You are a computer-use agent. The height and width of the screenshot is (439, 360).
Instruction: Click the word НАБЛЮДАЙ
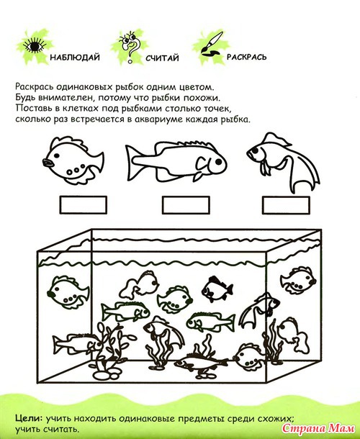(x=75, y=58)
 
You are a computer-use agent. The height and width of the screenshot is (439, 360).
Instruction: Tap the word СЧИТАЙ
(x=162, y=58)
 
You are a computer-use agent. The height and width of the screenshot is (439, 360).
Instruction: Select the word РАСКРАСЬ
(x=246, y=57)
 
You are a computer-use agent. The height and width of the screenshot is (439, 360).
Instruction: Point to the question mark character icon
(x=129, y=46)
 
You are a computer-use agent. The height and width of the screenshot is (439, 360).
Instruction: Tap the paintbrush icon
(x=212, y=44)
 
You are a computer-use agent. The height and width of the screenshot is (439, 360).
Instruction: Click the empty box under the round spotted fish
(x=84, y=205)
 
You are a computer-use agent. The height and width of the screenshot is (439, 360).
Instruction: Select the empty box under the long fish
(x=186, y=205)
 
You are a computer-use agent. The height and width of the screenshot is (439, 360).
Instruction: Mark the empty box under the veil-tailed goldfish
(x=286, y=205)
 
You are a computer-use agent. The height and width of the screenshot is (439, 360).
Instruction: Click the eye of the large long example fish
(x=218, y=161)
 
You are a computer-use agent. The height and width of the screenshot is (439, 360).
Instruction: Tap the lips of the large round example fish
(x=47, y=163)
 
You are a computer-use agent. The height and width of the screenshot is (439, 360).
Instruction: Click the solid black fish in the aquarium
(x=217, y=289)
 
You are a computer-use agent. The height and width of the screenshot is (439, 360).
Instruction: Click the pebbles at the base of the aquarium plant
(x=105, y=374)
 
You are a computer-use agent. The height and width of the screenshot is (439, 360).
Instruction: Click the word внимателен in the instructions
(x=64, y=98)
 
